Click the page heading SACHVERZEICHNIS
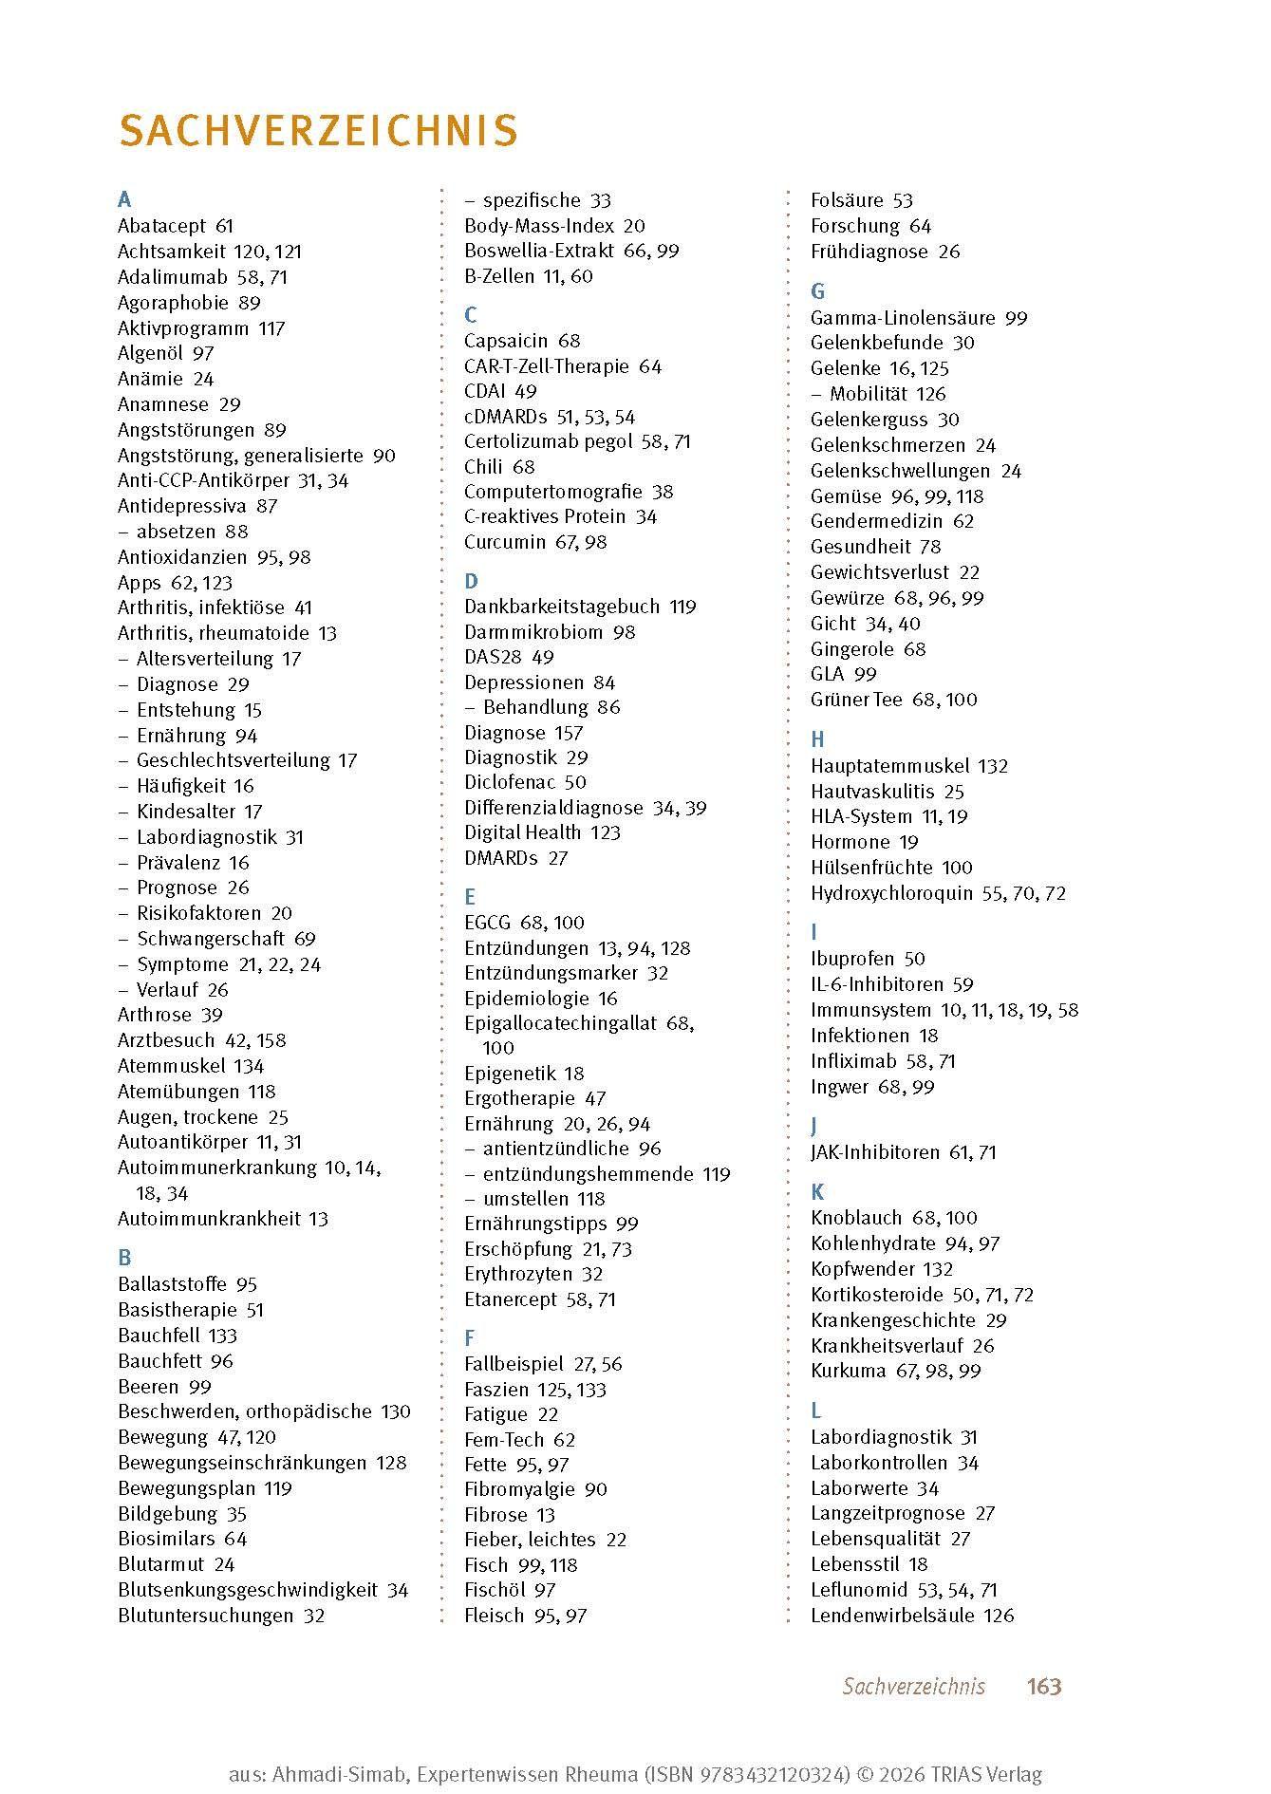click(318, 131)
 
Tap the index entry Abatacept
click(162, 226)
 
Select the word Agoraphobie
click(173, 303)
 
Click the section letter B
click(124, 1258)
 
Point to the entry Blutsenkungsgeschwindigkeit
click(248, 1590)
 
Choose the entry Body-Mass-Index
click(539, 226)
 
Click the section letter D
click(471, 581)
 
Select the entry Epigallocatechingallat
click(560, 1023)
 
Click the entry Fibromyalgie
click(522, 1489)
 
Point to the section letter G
click(817, 291)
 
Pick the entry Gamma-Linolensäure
click(903, 318)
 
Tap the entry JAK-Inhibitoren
click(875, 1152)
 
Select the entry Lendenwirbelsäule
click(892, 1615)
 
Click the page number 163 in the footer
click(1043, 1686)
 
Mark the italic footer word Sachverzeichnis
click(913, 1686)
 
